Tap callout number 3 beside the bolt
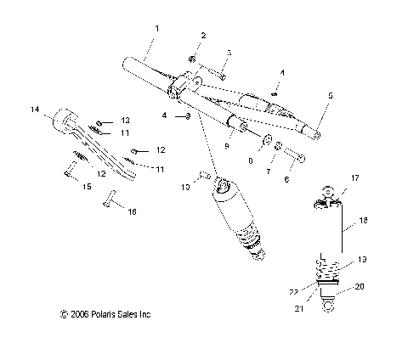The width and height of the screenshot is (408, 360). point(229,53)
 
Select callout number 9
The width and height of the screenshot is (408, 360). point(226,145)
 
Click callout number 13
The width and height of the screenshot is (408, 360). point(125,120)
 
